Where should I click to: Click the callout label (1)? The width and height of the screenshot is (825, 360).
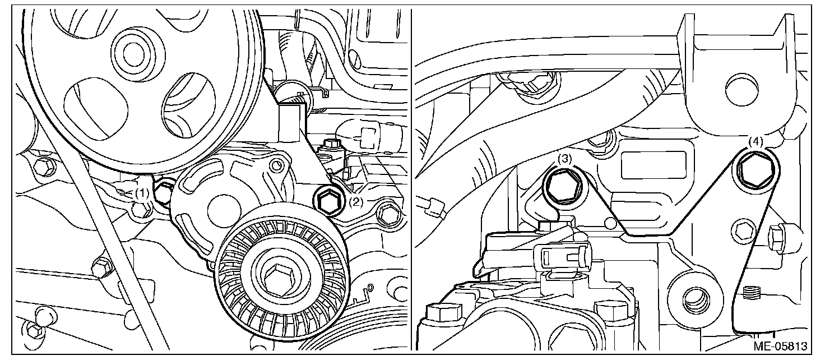142,193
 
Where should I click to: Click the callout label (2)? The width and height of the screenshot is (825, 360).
356,201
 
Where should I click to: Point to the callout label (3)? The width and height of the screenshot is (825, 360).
564,159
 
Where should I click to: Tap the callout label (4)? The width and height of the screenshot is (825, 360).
755,141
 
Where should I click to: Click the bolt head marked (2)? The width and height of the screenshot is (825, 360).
328,201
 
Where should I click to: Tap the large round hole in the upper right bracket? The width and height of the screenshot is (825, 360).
741,90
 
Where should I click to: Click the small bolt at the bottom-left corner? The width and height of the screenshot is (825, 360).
33,330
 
